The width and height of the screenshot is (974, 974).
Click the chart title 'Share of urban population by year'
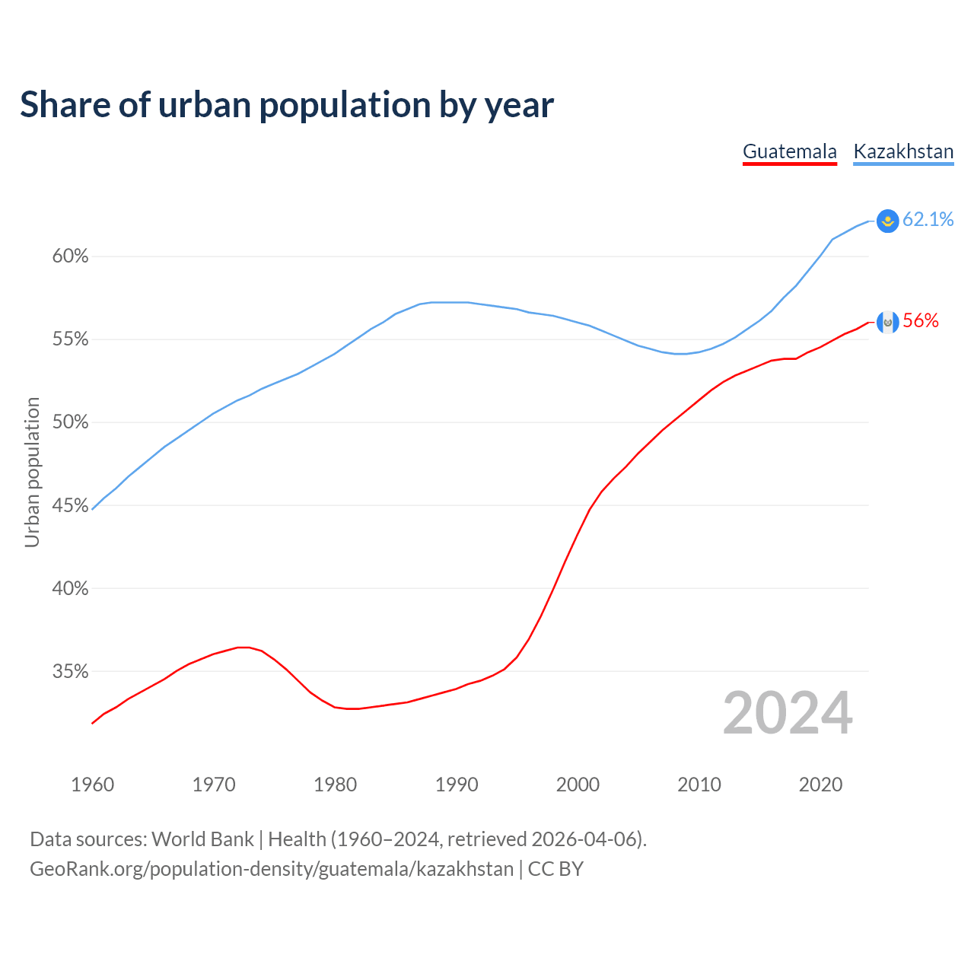[287, 105]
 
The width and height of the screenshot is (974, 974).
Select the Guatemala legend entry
[789, 151]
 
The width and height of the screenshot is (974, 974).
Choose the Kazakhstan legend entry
[903, 151]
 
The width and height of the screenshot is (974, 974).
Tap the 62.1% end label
[928, 220]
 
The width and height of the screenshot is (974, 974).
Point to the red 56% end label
[921, 321]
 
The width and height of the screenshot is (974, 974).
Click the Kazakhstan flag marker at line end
[887, 221]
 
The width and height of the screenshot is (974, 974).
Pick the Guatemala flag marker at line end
[887, 322]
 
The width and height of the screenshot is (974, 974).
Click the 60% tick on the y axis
[70, 256]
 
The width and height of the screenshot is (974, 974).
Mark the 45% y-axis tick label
[70, 505]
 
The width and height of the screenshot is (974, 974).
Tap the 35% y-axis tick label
[70, 671]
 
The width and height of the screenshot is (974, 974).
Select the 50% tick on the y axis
[70, 422]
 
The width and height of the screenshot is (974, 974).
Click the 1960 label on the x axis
[92, 785]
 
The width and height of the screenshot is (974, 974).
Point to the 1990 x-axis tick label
[457, 785]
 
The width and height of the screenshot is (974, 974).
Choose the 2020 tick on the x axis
[820, 785]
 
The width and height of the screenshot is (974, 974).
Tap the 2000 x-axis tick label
[578, 785]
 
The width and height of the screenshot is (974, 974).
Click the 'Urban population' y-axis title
[32, 472]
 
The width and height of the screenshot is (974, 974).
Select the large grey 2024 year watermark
[788, 713]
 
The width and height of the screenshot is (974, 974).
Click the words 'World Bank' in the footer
[202, 839]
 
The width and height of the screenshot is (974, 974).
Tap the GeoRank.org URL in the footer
[272, 869]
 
